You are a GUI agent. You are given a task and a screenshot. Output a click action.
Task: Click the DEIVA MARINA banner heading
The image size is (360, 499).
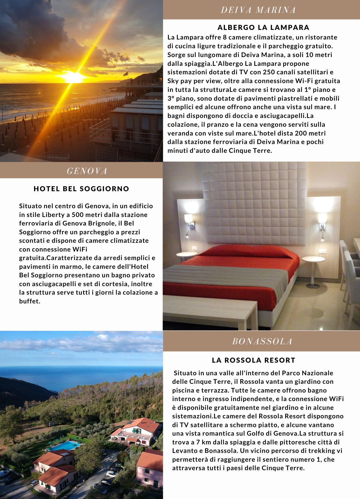pyautogui.click(x=258, y=10)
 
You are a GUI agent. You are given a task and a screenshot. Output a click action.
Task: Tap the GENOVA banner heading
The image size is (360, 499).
pyautogui.click(x=87, y=171)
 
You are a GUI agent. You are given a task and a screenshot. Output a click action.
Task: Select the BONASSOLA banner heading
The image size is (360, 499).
pyautogui.click(x=262, y=341)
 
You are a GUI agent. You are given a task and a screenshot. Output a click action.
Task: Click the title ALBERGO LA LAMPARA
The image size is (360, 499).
pyautogui.click(x=263, y=27)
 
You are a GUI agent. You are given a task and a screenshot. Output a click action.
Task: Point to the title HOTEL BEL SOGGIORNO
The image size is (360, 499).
pyautogui.click(x=81, y=189)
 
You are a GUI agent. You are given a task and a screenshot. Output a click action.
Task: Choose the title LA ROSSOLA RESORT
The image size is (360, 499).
pyautogui.click(x=253, y=360)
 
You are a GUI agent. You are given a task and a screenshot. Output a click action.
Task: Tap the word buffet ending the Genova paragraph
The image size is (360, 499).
pyautogui.click(x=29, y=301)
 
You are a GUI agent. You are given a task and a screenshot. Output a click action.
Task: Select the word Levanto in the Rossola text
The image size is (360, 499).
pyautogui.click(x=183, y=451)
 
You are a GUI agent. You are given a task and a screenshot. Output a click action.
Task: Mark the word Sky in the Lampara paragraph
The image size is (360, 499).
pyautogui.click(x=173, y=81)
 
